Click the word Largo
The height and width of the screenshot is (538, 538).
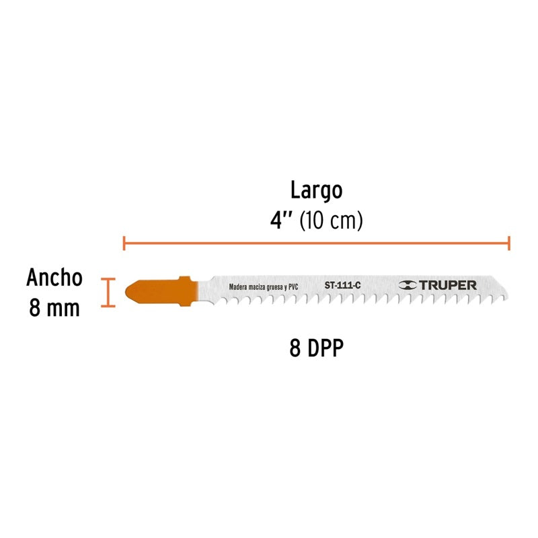tap(316, 190)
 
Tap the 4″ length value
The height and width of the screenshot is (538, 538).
tap(281, 221)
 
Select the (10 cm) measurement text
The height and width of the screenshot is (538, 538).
tap(331, 221)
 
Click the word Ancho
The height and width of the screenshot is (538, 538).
tap(54, 277)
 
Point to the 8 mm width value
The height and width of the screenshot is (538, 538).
tap(54, 308)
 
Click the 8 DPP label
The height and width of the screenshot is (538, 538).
tap(316, 348)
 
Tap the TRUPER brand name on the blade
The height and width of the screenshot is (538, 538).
tap(447, 285)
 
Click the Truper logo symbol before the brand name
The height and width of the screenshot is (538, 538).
tap(408, 285)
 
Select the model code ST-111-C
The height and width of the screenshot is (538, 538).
tap(342, 285)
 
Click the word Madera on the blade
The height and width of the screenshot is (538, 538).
tap(238, 287)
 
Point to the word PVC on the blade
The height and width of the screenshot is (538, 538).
tap(293, 287)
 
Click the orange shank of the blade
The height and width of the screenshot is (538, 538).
tap(161, 291)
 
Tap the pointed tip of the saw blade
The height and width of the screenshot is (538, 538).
tap(508, 297)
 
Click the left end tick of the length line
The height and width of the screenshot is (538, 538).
tap(124, 243)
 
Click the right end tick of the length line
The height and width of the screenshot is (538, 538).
tap(509, 243)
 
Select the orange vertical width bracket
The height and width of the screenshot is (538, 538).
tap(108, 293)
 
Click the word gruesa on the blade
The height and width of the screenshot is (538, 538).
tap(274, 287)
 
